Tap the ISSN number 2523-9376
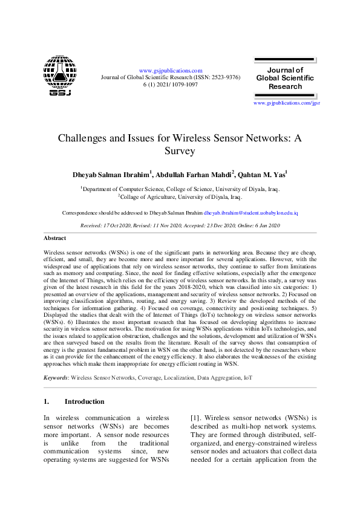coord(222,77)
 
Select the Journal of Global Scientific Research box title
coord(285,78)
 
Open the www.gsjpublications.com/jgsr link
coord(286,103)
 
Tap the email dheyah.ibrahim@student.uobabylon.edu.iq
coord(250,213)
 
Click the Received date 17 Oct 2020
coord(114,225)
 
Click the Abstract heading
coord(55,238)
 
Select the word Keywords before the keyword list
coord(56,361)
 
